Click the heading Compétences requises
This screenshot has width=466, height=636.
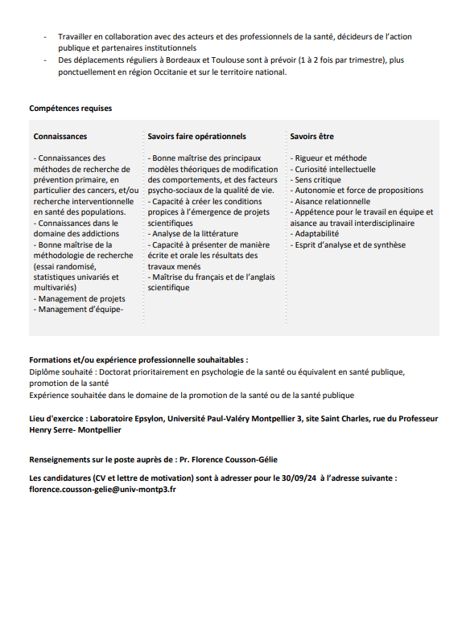tap(70, 109)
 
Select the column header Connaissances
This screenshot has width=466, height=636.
tap(60, 137)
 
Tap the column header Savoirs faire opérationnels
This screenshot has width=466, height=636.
tap(197, 137)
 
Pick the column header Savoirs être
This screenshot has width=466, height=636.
tap(312, 137)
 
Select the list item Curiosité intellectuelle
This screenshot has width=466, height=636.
tap(334, 170)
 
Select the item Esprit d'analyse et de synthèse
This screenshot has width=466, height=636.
tap(349, 245)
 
